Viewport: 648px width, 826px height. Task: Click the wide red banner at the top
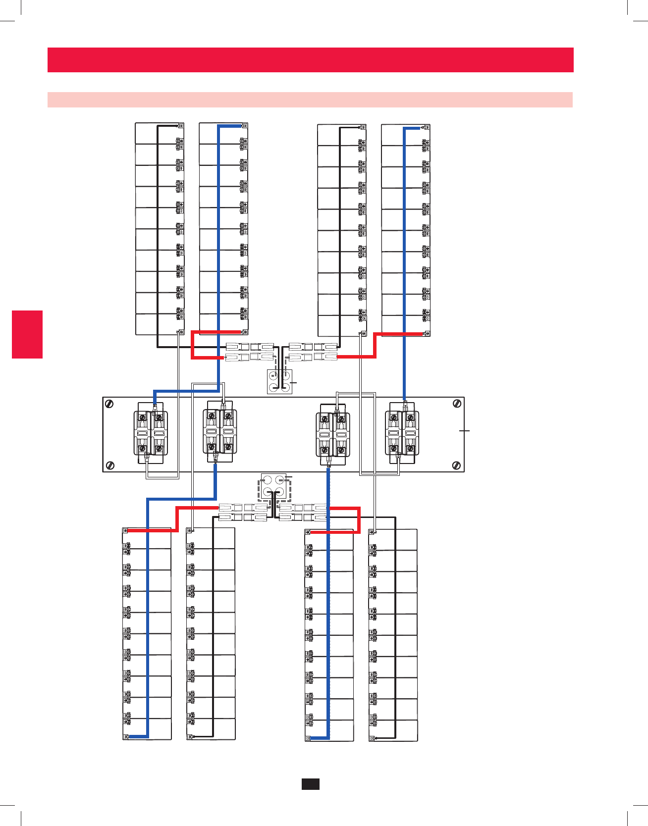[310, 60]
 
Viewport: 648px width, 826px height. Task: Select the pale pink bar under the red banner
[310, 100]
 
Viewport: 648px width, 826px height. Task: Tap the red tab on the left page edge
[27, 334]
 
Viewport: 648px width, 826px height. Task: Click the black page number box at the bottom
[310, 783]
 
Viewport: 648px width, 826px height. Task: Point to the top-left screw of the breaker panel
[108, 404]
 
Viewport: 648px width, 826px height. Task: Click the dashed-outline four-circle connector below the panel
[273, 486]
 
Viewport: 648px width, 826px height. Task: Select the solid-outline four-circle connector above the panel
[279, 381]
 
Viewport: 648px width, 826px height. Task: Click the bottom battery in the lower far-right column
[394, 730]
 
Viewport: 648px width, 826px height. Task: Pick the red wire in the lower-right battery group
[359, 520]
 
